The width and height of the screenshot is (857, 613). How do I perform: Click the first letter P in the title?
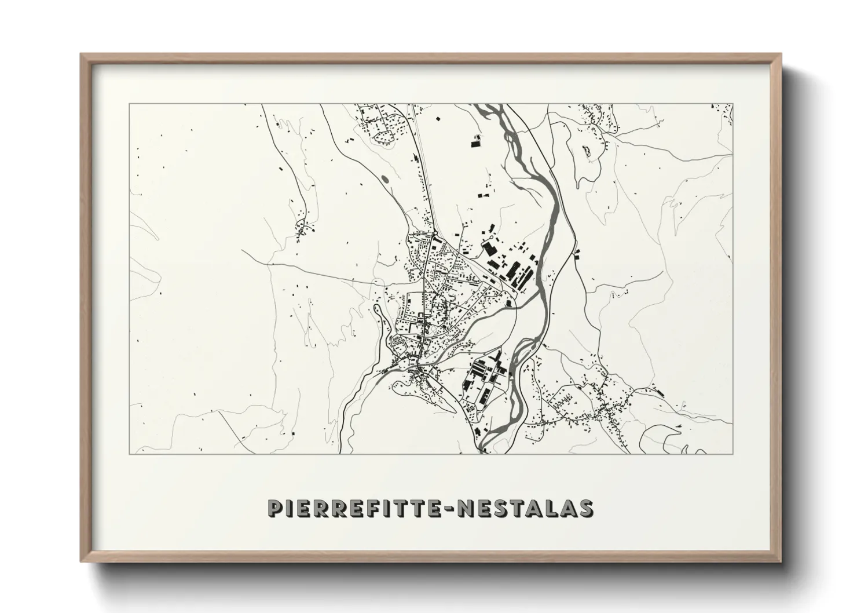[274, 508]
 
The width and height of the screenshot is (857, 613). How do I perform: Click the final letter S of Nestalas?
[586, 508]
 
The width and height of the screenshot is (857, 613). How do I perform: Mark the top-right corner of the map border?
[733, 104]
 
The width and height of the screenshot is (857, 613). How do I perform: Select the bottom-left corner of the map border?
[129, 453]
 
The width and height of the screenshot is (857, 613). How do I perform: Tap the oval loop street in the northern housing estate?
[384, 137]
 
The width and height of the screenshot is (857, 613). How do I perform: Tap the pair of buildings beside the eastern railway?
[577, 253]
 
